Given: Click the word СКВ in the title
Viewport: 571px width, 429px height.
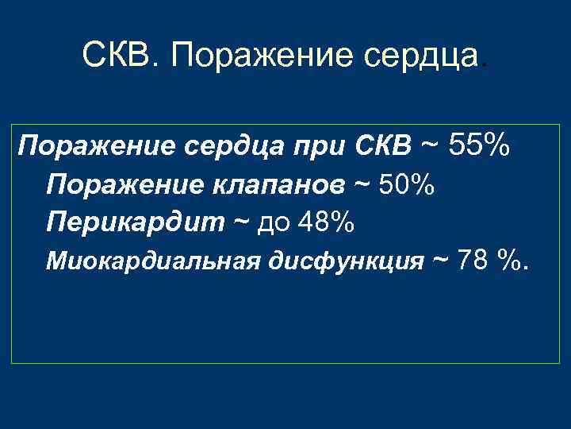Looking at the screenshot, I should [x=119, y=56].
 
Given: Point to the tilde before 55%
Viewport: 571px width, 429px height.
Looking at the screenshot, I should [x=431, y=145].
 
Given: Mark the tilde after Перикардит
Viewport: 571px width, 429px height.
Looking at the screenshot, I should [x=240, y=221].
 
